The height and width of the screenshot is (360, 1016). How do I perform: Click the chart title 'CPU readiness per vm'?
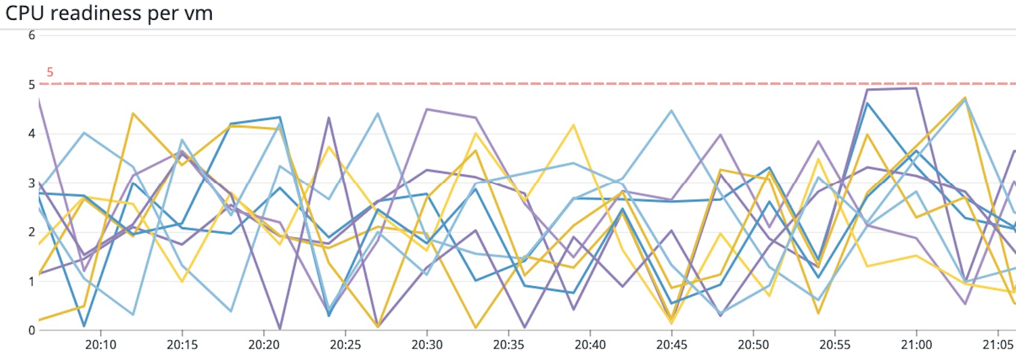(109, 13)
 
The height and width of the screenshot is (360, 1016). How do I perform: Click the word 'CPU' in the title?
(25, 13)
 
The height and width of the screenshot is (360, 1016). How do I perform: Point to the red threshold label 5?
(50, 72)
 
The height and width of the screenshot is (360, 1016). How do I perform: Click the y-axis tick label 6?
(32, 35)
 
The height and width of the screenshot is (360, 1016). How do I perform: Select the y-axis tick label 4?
(32, 134)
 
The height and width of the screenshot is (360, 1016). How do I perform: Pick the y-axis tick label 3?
(32, 183)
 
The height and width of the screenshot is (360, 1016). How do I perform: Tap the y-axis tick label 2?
(32, 232)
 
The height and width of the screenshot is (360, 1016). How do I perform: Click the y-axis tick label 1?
(32, 281)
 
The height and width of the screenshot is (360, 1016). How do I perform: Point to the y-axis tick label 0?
(32, 331)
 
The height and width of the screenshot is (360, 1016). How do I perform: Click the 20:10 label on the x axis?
(101, 345)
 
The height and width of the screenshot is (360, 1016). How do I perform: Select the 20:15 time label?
(182, 345)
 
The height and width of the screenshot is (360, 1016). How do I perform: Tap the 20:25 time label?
(345, 345)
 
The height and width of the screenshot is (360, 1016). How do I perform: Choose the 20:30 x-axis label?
(427, 345)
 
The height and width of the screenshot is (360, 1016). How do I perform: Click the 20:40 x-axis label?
(590, 345)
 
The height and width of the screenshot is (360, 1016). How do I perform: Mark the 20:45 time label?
(672, 345)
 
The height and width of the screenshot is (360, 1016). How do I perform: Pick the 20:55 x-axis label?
(835, 345)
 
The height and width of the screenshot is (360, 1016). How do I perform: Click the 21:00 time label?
(916, 345)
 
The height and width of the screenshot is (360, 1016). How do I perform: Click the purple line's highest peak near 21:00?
(916, 89)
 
